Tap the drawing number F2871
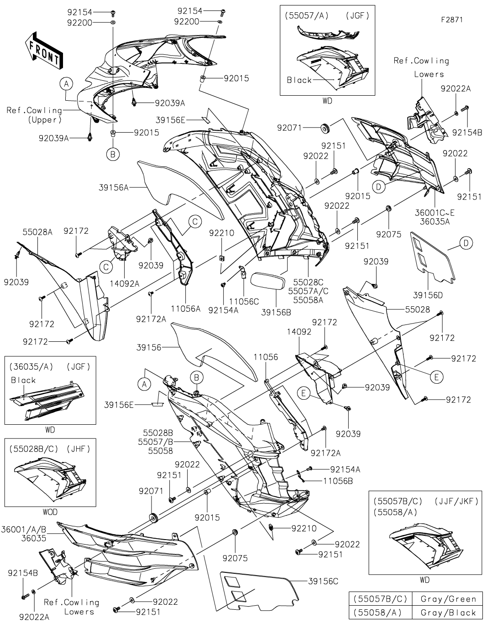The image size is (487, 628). coord(451,20)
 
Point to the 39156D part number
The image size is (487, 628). coord(427,295)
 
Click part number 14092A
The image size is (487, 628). coord(125,283)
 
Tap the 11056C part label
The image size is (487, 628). coord(244,301)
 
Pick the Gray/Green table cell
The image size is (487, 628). coord(448,599)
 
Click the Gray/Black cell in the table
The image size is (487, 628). coord(448,613)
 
